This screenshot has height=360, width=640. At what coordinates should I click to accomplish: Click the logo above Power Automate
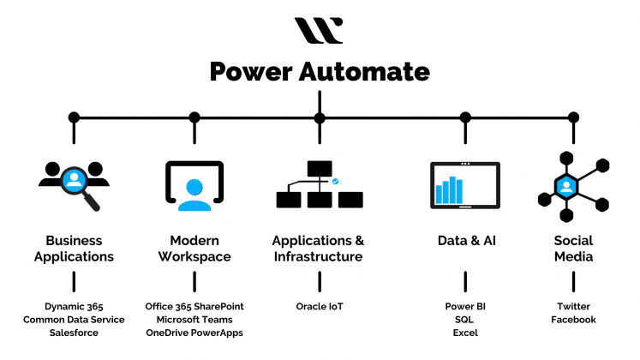tap(319, 30)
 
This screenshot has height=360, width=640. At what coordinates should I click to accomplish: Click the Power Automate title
tap(319, 71)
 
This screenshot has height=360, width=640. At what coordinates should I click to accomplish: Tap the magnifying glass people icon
tap(74, 182)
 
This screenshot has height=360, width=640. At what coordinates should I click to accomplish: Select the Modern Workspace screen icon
tap(194, 185)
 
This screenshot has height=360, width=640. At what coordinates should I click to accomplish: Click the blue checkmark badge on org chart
tap(335, 182)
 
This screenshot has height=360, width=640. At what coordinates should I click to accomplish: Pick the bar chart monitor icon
tap(464, 184)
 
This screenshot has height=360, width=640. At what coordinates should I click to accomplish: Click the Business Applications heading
tap(74, 249)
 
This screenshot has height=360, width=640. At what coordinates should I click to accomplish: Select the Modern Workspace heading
tap(194, 249)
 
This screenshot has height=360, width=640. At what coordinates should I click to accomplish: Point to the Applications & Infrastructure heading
tap(318, 249)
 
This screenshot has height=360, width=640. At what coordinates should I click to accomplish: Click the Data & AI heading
tap(466, 241)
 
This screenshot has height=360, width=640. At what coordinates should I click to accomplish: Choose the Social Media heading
tap(573, 249)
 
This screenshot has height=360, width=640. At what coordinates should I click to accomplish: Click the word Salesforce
tap(74, 333)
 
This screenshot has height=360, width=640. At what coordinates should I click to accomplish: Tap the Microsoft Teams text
tap(194, 320)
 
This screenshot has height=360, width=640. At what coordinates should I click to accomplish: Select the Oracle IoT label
tap(319, 306)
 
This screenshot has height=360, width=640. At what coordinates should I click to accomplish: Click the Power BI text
tap(465, 306)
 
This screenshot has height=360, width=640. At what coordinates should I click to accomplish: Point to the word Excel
tap(465, 333)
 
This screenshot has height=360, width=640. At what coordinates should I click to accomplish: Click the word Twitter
tap(573, 306)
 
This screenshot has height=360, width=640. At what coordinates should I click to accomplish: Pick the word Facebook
tap(573, 320)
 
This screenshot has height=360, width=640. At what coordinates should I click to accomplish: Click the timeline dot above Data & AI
tap(465, 117)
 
